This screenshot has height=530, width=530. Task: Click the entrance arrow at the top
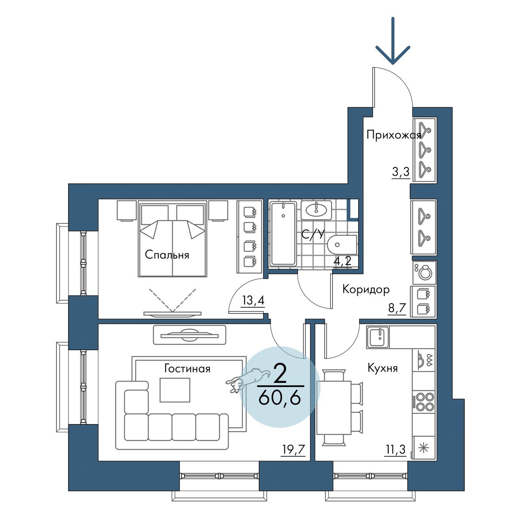tap(393, 41)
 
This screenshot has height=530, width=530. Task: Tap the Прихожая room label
tap(394, 135)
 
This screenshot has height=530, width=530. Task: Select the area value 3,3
tap(401, 172)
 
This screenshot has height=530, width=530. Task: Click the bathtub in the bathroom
tap(283, 234)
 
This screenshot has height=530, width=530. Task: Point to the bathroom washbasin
tap(316, 210)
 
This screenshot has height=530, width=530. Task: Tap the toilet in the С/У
tap(342, 245)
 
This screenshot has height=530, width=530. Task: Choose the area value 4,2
tap(342, 261)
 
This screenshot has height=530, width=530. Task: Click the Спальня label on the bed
tap(167, 255)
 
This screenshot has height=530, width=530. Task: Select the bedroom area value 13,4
tap(253, 300)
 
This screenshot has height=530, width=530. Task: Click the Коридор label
tap(366, 289)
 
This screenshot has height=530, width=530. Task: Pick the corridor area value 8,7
tap(397, 308)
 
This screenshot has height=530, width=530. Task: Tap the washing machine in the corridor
tap(424, 273)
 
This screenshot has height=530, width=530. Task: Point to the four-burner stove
tap(424, 401)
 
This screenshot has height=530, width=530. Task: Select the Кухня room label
tap(383, 368)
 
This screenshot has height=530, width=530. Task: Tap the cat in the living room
tap(247, 380)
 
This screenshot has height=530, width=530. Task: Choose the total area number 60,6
tap(279, 398)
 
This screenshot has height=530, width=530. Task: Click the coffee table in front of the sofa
tap(175, 390)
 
